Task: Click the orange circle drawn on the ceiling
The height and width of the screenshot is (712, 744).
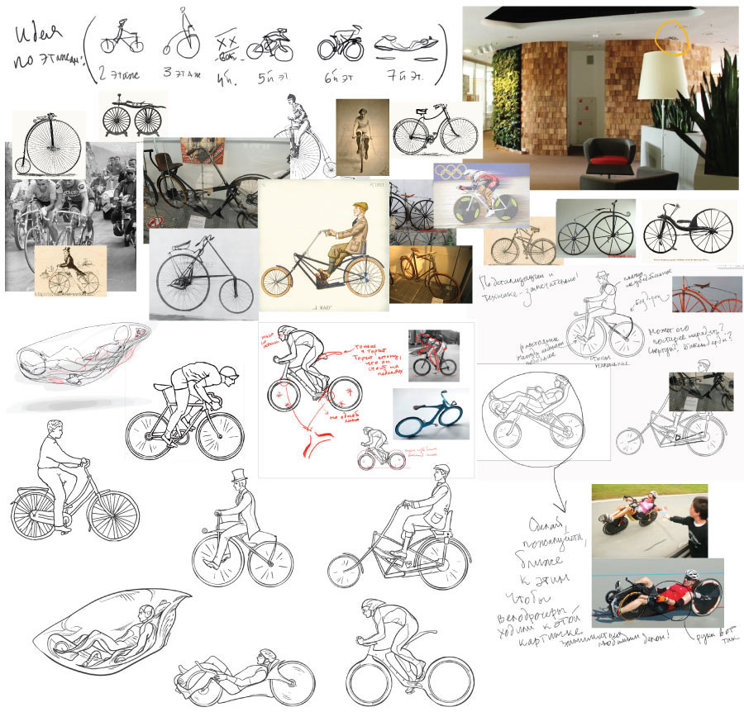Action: (x=671, y=38)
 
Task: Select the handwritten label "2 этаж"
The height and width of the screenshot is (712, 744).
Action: (x=119, y=74)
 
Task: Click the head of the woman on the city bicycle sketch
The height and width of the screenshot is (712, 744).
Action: (x=55, y=430)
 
